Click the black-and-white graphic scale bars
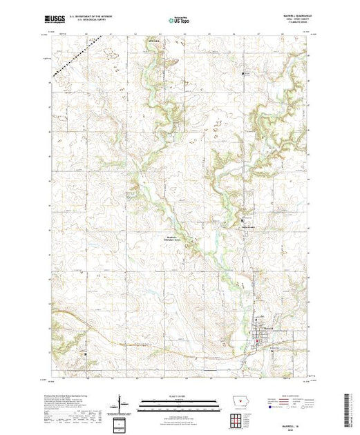(178, 402)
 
